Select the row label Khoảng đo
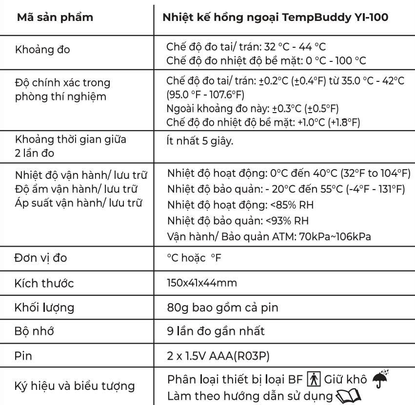[42, 50]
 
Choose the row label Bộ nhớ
[35, 331]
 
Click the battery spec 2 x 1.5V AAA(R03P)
[218, 356]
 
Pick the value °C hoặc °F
[194, 258]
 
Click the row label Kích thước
[45, 283]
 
